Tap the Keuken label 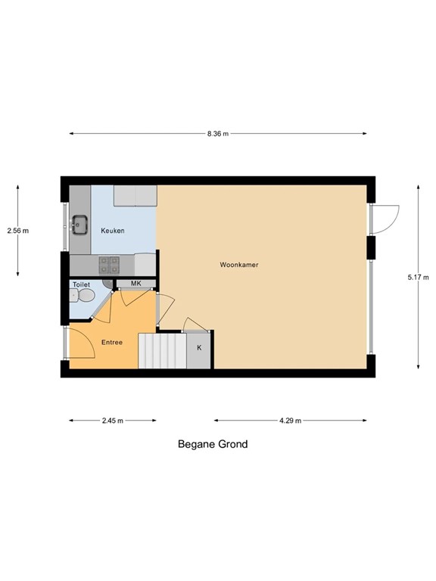point(113,231)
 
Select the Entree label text point(112,343)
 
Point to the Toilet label point(81,284)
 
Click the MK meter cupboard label point(136,284)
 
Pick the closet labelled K point(199,348)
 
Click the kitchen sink point(79,224)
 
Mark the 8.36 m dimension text point(218,134)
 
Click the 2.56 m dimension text point(17,231)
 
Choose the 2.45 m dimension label point(113,421)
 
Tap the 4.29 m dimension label point(290,421)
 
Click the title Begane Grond point(213,444)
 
